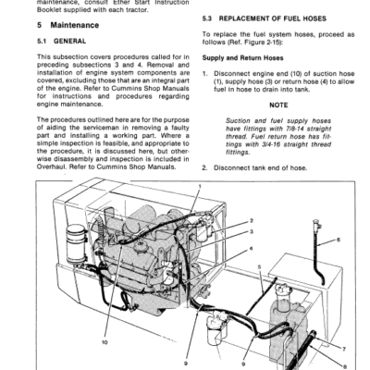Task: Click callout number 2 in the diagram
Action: tap(252, 220)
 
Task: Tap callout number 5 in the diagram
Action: tap(261, 266)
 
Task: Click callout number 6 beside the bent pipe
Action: tap(338, 240)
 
